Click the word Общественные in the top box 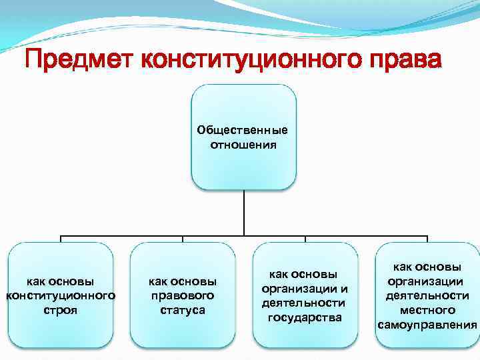[x=243, y=130]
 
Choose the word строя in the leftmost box [x=61, y=310]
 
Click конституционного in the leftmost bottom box [x=61, y=295]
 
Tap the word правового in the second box [x=182, y=295]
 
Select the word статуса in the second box [x=182, y=310]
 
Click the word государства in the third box [x=305, y=317]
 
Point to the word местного [x=427, y=310]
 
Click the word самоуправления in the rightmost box [x=427, y=325]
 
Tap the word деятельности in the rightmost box [x=427, y=295]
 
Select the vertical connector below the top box [x=243, y=213]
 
